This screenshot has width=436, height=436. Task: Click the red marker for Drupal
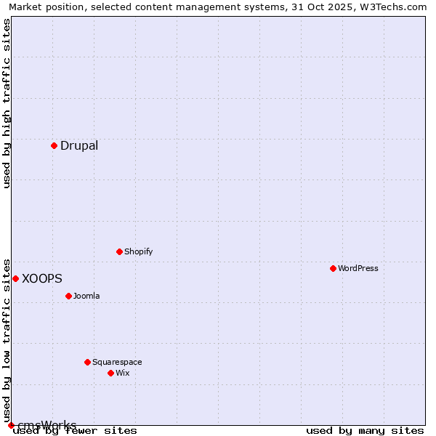(54, 145)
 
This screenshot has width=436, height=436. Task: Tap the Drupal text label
(79, 145)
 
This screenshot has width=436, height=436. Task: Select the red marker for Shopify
(119, 251)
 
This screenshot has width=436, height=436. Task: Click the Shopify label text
(138, 251)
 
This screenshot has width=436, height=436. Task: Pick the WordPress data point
(333, 268)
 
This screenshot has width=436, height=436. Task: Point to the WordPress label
(358, 268)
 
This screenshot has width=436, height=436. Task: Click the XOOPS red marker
(15, 278)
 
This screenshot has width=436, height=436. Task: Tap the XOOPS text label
(42, 278)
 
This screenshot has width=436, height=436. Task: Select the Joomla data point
(68, 296)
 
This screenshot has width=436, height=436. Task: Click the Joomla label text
(86, 296)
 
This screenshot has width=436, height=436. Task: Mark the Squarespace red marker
(87, 362)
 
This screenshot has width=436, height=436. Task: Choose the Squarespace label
(117, 362)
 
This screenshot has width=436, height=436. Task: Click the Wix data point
(110, 373)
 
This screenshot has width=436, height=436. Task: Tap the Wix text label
(122, 373)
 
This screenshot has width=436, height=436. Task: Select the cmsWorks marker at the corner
(11, 425)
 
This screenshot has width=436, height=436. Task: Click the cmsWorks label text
(47, 425)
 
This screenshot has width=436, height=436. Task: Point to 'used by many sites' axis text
(365, 431)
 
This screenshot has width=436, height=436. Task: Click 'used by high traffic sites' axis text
(7, 103)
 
